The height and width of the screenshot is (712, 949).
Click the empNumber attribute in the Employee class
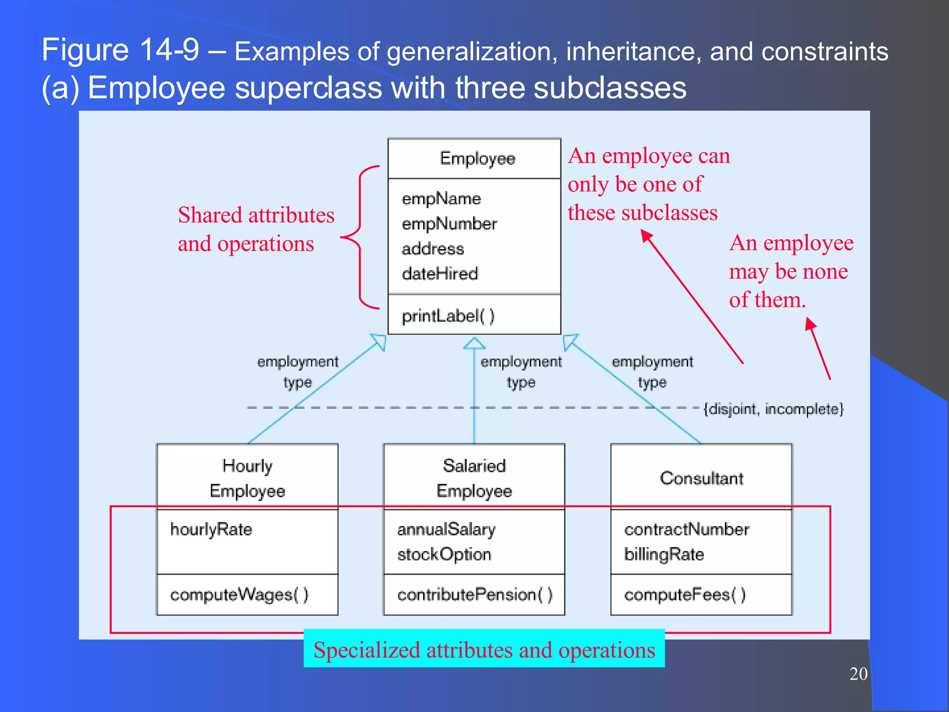[x=449, y=224]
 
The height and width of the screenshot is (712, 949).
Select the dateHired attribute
[x=439, y=273]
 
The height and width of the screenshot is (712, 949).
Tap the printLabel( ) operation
[x=448, y=316]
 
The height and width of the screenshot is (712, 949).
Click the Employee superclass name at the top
[x=477, y=159]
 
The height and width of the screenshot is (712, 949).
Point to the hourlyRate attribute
[x=211, y=529]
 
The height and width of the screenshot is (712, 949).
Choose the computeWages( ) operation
[x=239, y=594]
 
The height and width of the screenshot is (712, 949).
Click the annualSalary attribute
[x=446, y=529]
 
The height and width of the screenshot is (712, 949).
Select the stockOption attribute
[x=444, y=554]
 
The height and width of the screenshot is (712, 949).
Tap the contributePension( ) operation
[x=475, y=594]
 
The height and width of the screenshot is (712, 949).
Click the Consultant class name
[x=702, y=478]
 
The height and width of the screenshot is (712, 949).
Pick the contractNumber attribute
[x=686, y=529]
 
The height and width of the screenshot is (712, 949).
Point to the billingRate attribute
[x=664, y=554]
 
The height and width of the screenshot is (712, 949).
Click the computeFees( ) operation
[x=685, y=594]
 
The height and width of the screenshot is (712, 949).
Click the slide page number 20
[x=858, y=674]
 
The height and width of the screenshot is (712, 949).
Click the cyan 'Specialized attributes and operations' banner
[x=484, y=649]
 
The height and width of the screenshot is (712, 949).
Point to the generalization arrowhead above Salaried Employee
[x=474, y=343]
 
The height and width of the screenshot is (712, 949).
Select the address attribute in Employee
[x=432, y=249]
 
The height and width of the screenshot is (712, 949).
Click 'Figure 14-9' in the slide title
[x=120, y=50]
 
